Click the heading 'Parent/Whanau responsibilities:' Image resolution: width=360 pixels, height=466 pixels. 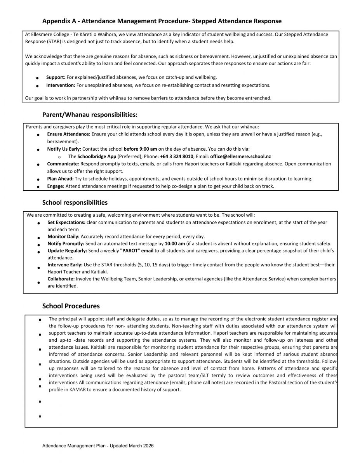[90, 115]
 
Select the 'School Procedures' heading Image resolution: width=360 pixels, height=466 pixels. [71, 306]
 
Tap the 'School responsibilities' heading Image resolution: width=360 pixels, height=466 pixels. [75, 202]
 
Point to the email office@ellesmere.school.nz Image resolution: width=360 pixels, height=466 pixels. [240, 156]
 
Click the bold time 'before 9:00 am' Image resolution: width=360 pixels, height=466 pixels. [140, 149]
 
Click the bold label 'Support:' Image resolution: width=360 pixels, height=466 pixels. [56, 77]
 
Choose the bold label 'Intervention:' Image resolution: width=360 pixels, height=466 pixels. [61, 85]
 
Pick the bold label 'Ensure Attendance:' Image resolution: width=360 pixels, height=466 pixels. [69, 134]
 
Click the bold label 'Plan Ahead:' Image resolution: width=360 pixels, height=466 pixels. [60, 179]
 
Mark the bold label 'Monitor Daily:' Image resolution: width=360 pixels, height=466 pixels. [64, 236]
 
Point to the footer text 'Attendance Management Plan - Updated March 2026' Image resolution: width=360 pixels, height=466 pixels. [98, 446]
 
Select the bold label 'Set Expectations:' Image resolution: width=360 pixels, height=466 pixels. [66, 222]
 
